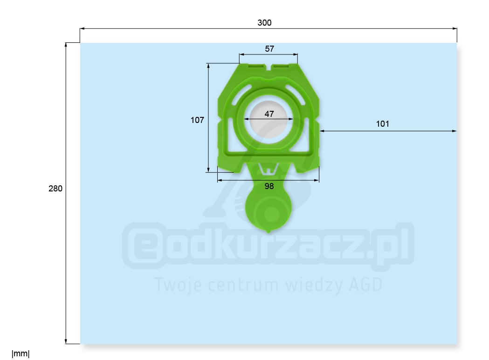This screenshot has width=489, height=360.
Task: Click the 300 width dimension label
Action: pyautogui.click(x=264, y=23)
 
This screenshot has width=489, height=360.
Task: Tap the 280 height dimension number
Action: pyautogui.click(x=55, y=189)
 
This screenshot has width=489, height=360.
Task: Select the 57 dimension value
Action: pyautogui.click(x=269, y=49)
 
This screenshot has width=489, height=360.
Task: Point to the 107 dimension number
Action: pyautogui.click(x=197, y=120)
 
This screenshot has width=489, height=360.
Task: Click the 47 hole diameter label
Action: pyautogui.click(x=269, y=114)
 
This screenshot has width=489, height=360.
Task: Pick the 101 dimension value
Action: pyautogui.click(x=383, y=124)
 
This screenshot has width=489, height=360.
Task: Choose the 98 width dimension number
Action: pyautogui.click(x=269, y=186)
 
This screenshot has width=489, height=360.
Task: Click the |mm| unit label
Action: pyautogui.click(x=21, y=354)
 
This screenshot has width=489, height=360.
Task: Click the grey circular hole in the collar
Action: pyautogui.click(x=269, y=120)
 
